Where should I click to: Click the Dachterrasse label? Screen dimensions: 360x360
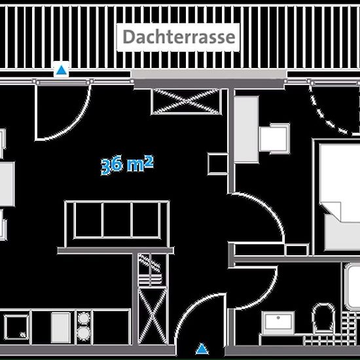pyautogui.click(x=179, y=37)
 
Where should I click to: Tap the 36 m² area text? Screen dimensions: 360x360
pyautogui.click(x=127, y=164)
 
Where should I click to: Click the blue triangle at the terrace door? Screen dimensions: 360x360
pyautogui.click(x=62, y=70)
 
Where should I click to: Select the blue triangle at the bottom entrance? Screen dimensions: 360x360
pyautogui.click(x=202, y=348)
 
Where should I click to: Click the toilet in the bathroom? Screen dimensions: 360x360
pyautogui.click(x=324, y=319)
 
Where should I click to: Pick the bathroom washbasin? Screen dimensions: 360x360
pyautogui.click(x=278, y=323)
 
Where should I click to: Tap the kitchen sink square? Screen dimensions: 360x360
pyautogui.click(x=16, y=327)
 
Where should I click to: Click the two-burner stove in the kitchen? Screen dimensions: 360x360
pyautogui.click(x=84, y=327)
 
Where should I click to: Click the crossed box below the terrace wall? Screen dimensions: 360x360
pyautogui.click(x=186, y=101)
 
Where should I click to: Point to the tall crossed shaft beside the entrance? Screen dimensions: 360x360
pyautogui.click(x=153, y=315)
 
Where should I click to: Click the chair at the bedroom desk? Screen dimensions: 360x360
pyautogui.click(x=275, y=139)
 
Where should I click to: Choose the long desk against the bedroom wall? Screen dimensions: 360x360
pyautogui.click(x=246, y=129)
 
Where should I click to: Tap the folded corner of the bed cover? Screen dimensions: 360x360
pyautogui.click(x=332, y=210)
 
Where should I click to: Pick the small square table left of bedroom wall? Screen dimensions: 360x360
pyautogui.click(x=218, y=164)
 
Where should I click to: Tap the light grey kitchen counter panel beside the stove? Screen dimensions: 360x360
pyautogui.click(x=61, y=327)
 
